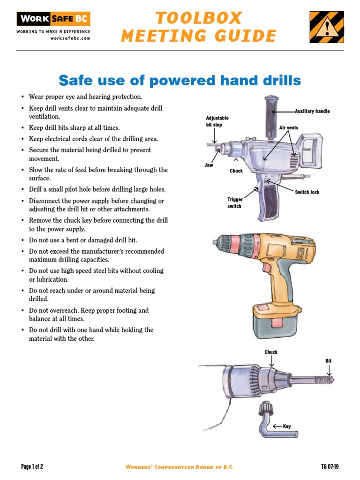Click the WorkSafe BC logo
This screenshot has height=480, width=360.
[53, 19]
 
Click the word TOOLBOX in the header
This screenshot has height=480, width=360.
[199, 18]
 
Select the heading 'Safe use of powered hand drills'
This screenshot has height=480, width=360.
[180, 81]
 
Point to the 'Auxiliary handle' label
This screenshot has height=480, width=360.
[312, 112]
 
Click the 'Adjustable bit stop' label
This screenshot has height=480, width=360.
[217, 121]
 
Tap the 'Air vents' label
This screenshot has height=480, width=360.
[288, 127]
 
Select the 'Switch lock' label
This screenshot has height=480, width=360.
[307, 192]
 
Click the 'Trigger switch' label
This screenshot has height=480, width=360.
[235, 202]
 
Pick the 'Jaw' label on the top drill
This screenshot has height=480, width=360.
[209, 165]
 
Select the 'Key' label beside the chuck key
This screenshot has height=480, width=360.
[287, 426]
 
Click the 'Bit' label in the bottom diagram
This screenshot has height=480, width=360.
[328, 361]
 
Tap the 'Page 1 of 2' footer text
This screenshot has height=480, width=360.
[32, 466]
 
